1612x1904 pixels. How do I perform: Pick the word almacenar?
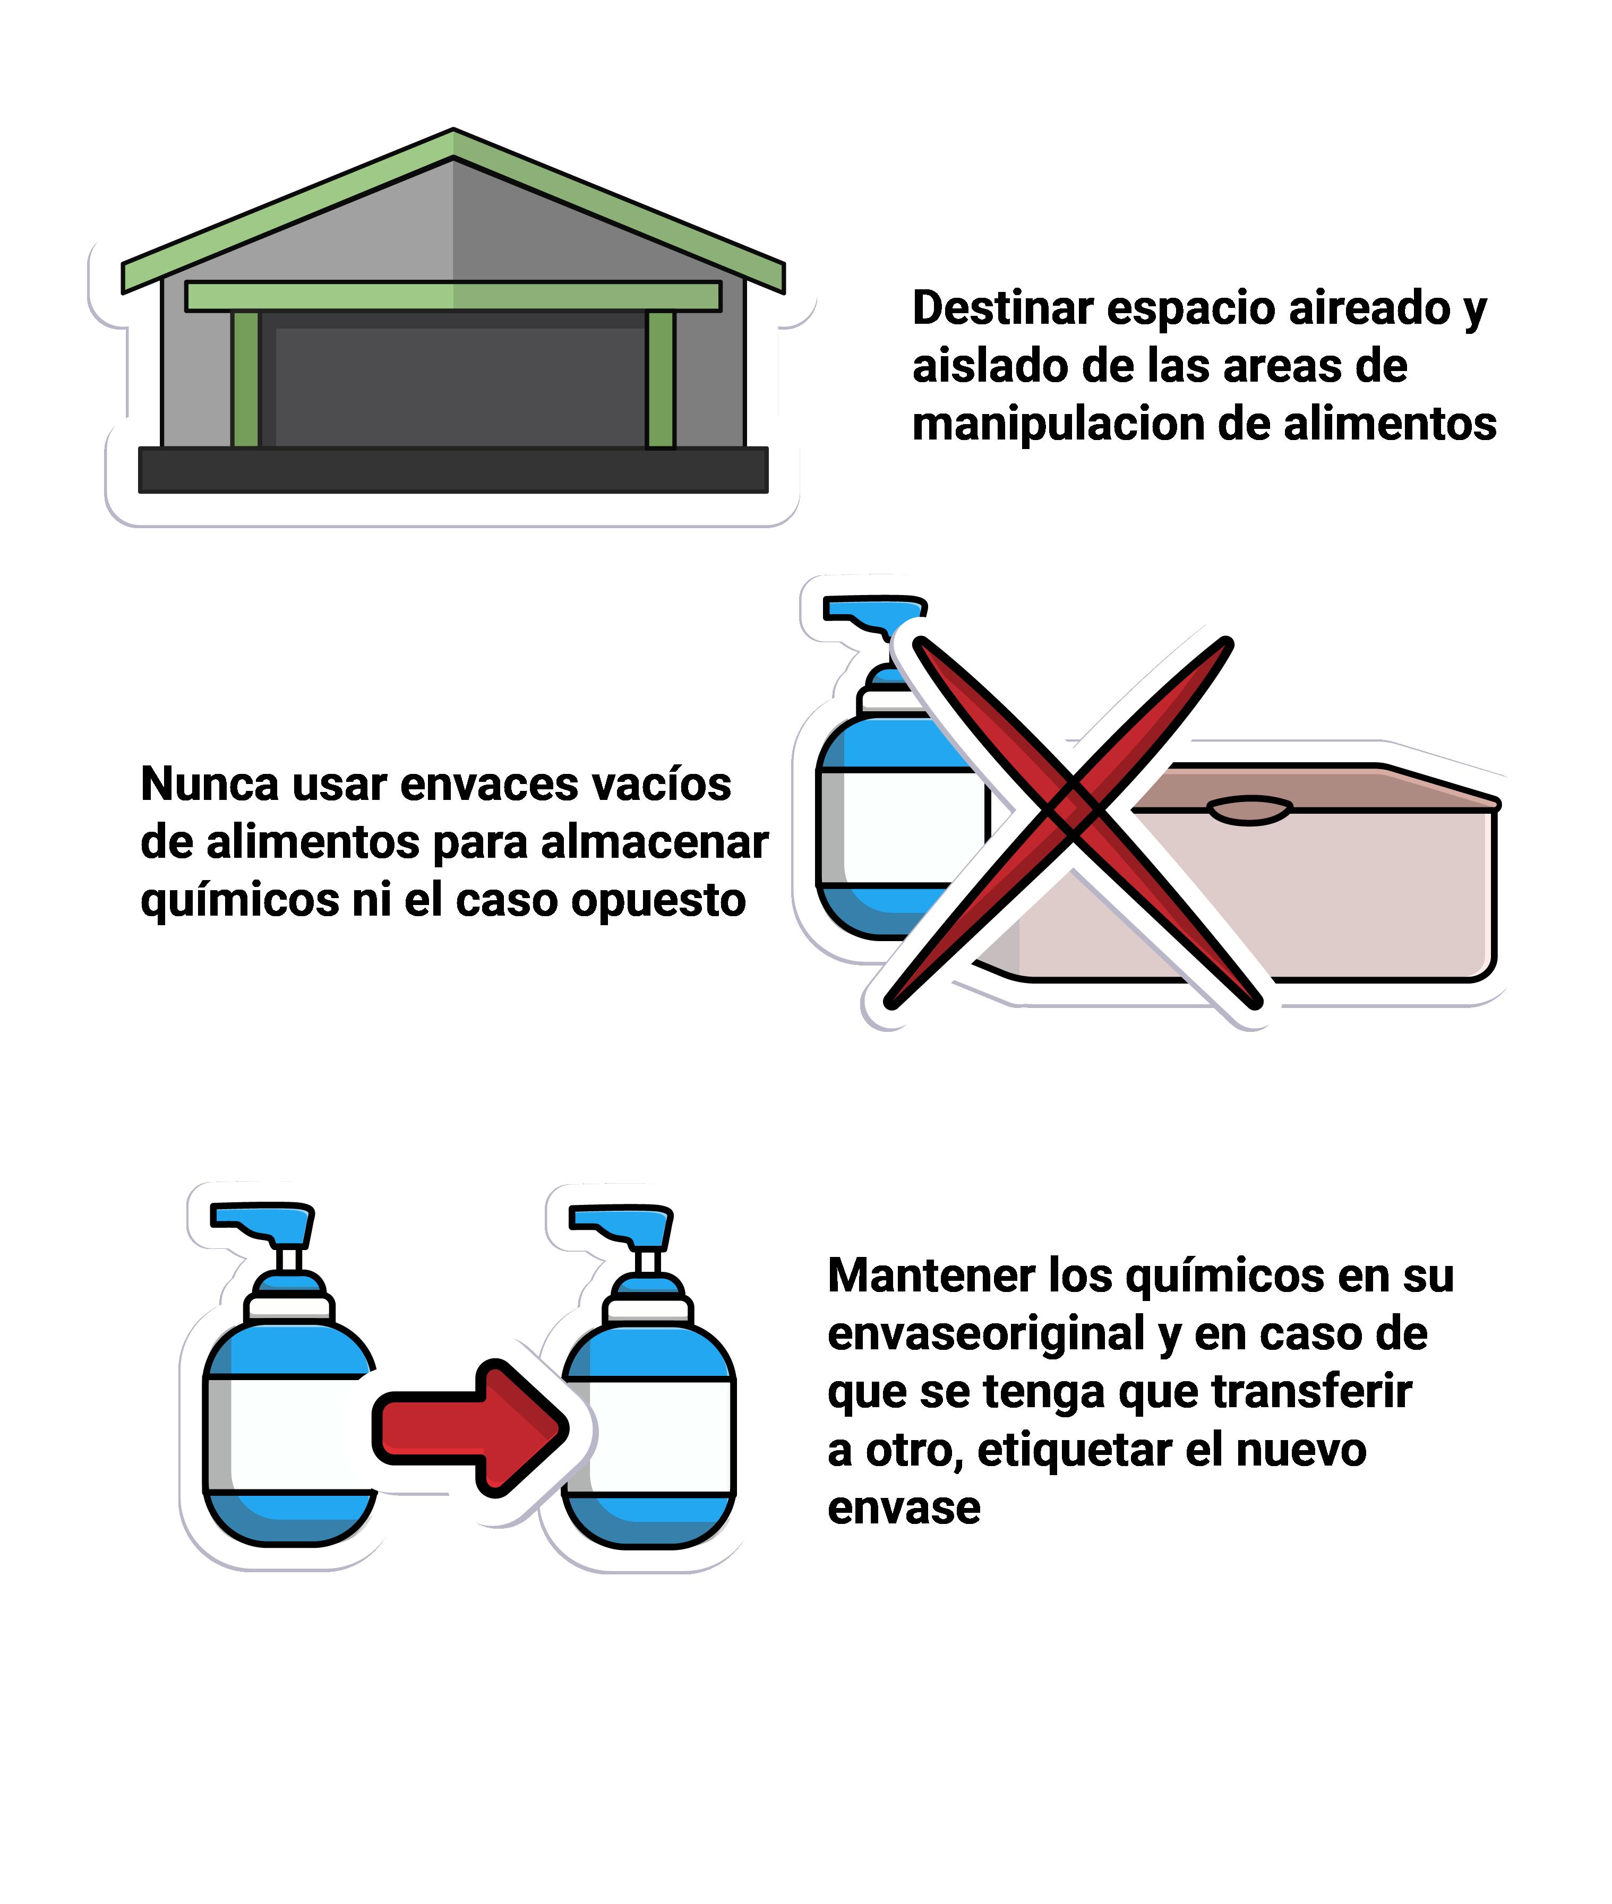pyautogui.click(x=654, y=842)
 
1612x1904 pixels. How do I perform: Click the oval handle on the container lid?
pyautogui.click(x=1249, y=809)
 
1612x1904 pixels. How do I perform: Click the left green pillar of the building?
pyautogui.click(x=245, y=379)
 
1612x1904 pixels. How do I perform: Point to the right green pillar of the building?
pyautogui.click(x=661, y=379)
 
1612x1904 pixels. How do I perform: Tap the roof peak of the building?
pyautogui.click(x=453, y=131)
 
